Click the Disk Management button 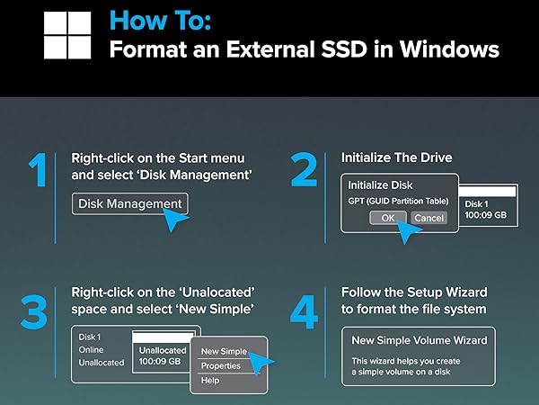(129, 203)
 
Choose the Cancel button (429, 218)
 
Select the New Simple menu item (224, 351)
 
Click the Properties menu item (220, 366)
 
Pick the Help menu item (210, 381)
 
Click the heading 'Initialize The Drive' (396, 157)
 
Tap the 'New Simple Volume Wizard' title (420, 340)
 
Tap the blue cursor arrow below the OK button (411, 235)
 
